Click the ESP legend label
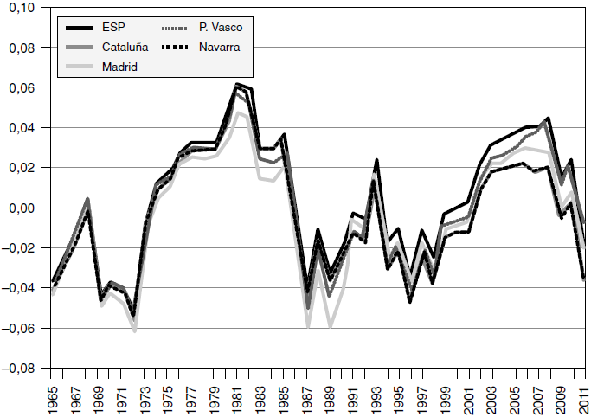[113, 28]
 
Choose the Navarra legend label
[217, 47]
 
